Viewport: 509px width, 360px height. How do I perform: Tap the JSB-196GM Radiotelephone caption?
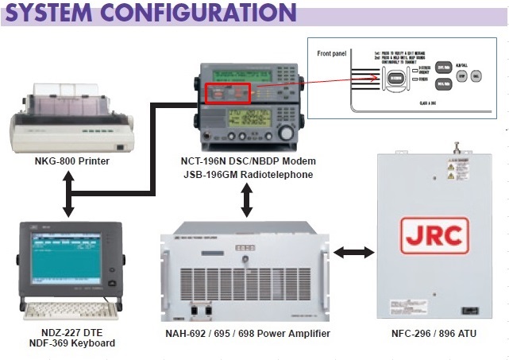coord(246,174)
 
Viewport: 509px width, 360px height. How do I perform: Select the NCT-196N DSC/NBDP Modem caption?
coord(246,161)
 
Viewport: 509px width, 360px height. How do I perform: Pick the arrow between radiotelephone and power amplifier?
coord(247,200)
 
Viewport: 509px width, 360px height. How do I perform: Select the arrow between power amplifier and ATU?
coord(353,253)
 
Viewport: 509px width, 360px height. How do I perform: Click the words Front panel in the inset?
coord(332,55)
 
